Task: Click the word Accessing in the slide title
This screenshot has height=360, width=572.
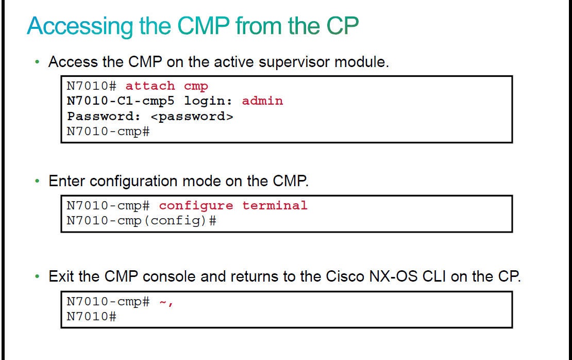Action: [x=80, y=26]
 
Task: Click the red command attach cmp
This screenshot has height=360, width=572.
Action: [x=167, y=86]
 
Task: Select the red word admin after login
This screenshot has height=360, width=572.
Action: [x=262, y=101]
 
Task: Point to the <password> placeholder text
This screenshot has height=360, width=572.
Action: [x=192, y=117]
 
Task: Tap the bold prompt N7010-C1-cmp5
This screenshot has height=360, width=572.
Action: [x=121, y=101]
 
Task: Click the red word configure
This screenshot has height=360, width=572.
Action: [x=196, y=206]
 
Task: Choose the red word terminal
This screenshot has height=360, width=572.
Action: [x=275, y=206]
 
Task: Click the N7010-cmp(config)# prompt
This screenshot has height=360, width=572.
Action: [x=142, y=221]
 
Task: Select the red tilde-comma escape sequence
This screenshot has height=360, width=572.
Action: [x=166, y=302]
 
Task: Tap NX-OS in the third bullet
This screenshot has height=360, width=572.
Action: [x=393, y=276]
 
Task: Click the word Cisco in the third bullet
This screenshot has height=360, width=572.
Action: [x=345, y=276]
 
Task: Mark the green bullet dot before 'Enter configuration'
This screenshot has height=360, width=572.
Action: [x=37, y=181]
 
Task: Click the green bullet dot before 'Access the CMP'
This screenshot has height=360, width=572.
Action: [x=37, y=62]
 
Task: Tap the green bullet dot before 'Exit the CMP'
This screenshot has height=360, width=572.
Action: [x=37, y=276]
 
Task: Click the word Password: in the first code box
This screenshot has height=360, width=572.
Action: [x=104, y=117]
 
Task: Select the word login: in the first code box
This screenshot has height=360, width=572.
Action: [x=208, y=101]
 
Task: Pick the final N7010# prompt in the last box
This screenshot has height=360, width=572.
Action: [x=92, y=317]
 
